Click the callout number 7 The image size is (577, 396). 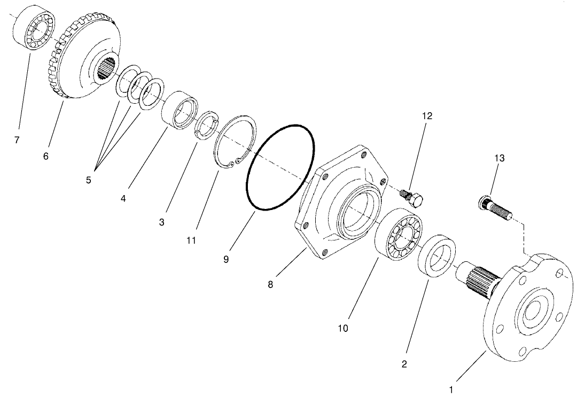(x=17, y=140)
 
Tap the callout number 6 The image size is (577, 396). (x=46, y=156)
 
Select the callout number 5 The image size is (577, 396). (x=89, y=180)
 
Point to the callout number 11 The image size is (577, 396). (x=191, y=240)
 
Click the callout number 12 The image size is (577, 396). (x=427, y=115)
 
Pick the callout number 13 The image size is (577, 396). (x=499, y=158)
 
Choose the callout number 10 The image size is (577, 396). (x=343, y=328)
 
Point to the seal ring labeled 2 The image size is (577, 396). (x=438, y=261)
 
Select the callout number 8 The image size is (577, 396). (x=270, y=284)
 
